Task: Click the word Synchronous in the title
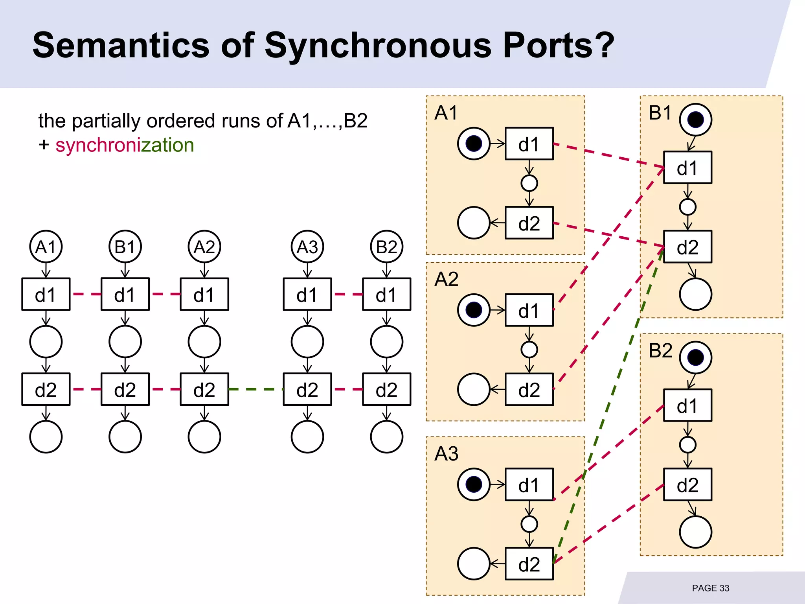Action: pyautogui.click(x=378, y=45)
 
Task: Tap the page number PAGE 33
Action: pyautogui.click(x=710, y=588)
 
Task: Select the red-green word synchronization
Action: pyautogui.click(x=125, y=145)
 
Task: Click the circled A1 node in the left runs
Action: pyautogui.click(x=46, y=247)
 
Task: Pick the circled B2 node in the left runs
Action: pyautogui.click(x=386, y=247)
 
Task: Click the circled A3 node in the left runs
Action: pyautogui.click(x=307, y=247)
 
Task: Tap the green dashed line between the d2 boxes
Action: pyautogui.click(x=255, y=389)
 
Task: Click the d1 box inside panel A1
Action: pyautogui.click(x=529, y=144)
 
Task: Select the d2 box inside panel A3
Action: pyautogui.click(x=529, y=564)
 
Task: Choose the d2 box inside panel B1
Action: pyautogui.click(x=687, y=247)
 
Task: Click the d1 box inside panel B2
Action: pyautogui.click(x=687, y=405)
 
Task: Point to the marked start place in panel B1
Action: pyautogui.click(x=695, y=120)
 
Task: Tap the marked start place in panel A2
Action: pyautogui.click(x=474, y=310)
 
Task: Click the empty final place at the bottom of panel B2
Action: pyautogui.click(x=695, y=532)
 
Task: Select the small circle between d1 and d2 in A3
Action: pyautogui.click(x=529, y=524)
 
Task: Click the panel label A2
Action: pyautogui.click(x=446, y=279)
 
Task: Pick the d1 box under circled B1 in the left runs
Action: pyautogui.click(x=125, y=295)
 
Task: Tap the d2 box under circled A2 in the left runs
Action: pyautogui.click(x=204, y=389)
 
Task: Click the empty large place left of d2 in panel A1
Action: pyautogui.click(x=474, y=223)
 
